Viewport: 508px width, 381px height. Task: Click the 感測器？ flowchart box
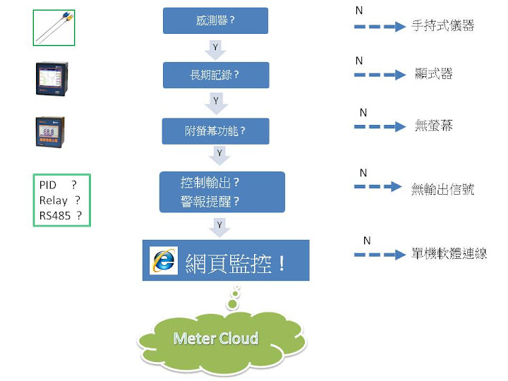pyautogui.click(x=215, y=20)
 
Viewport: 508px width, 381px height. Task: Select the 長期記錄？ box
pyautogui.click(x=216, y=75)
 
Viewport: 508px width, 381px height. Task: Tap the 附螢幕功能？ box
pyautogui.click(x=215, y=131)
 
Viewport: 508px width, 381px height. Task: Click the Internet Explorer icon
pyautogui.click(x=164, y=260)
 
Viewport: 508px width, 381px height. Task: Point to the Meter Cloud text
pyautogui.click(x=216, y=339)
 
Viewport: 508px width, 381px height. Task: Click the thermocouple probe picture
pyautogui.click(x=54, y=28)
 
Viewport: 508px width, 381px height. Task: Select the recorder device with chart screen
pyautogui.click(x=52, y=78)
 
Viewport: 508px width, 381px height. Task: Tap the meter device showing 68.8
pyautogui.click(x=50, y=132)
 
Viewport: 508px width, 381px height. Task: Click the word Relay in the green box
pyautogui.click(x=54, y=200)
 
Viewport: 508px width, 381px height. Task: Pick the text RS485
pyautogui.click(x=55, y=215)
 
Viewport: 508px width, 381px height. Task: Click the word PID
pyautogui.click(x=48, y=185)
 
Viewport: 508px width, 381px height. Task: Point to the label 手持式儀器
pyautogui.click(x=443, y=25)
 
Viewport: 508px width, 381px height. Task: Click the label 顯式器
pyautogui.click(x=433, y=73)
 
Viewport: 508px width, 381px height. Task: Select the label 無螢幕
pyautogui.click(x=433, y=126)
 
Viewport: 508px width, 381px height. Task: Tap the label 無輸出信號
pyautogui.click(x=442, y=189)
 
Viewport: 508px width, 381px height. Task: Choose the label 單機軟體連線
pyautogui.click(x=449, y=253)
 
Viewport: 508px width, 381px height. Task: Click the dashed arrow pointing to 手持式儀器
pyautogui.click(x=380, y=27)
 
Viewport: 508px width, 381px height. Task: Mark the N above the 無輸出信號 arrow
pyautogui.click(x=363, y=173)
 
